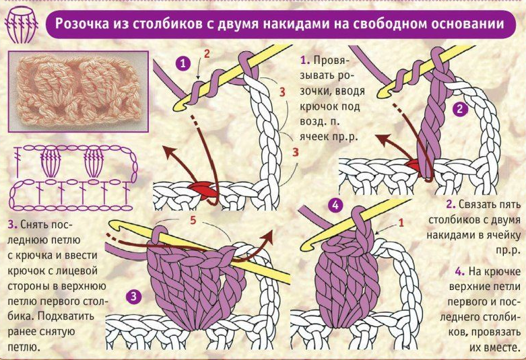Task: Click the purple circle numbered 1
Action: (x=181, y=64)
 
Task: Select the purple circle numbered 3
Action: (x=134, y=295)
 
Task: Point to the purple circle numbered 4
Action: (x=337, y=205)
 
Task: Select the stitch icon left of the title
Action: (x=20, y=26)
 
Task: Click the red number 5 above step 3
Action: (x=192, y=219)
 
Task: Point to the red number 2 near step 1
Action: (x=207, y=52)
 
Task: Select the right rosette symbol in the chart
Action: (x=95, y=161)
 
